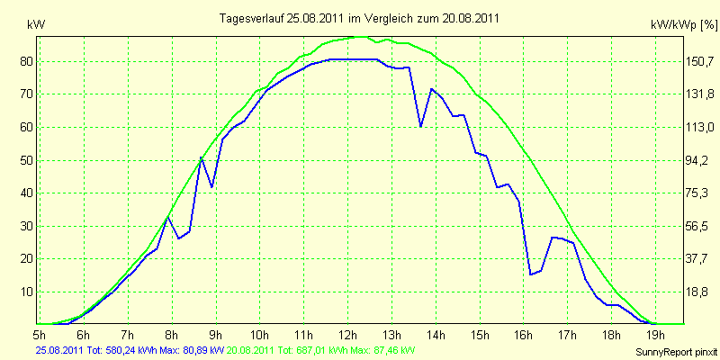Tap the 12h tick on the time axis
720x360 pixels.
[348, 333]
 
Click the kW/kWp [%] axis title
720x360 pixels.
[684, 25]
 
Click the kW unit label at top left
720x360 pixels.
[36, 25]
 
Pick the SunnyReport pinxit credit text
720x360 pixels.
[677, 352]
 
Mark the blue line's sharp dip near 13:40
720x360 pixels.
[420, 126]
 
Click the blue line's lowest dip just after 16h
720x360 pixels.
[530, 274]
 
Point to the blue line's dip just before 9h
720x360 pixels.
[211, 187]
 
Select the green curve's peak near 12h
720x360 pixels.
[359, 36]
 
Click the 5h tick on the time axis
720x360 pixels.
[40, 333]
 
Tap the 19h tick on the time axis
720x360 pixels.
[655, 333]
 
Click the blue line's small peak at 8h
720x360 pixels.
[168, 217]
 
